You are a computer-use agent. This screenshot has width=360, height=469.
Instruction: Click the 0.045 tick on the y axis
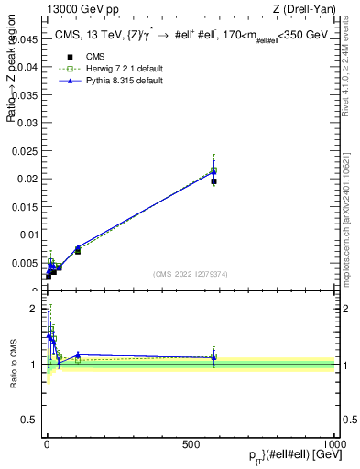pos(27,39)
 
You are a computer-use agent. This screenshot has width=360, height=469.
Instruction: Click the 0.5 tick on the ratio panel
pos(32,420)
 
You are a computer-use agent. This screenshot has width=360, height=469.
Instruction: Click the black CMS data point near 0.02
pos(213,181)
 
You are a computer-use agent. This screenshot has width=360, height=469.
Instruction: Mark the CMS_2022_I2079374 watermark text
pos(190,273)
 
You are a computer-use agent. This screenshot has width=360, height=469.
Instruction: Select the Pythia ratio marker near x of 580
pos(213,357)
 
